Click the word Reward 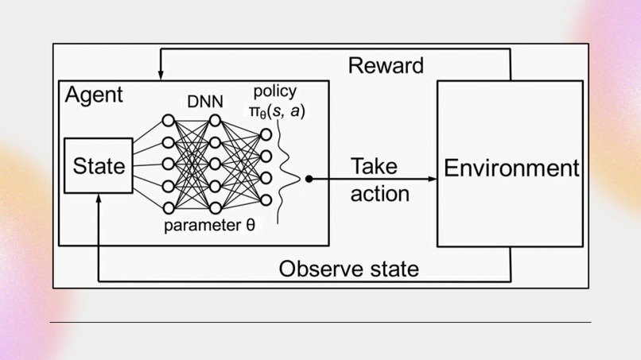(386, 65)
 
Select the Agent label (94, 95)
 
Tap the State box (99, 166)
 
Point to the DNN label (205, 102)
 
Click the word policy (274, 91)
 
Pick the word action (380, 193)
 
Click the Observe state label (348, 269)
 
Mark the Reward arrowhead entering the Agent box (160, 76)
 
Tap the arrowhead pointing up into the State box (99, 197)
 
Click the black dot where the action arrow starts (309, 179)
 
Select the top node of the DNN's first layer (168, 121)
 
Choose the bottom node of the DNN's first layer (168, 207)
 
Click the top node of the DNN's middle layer (214, 121)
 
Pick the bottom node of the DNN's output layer (266, 199)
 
